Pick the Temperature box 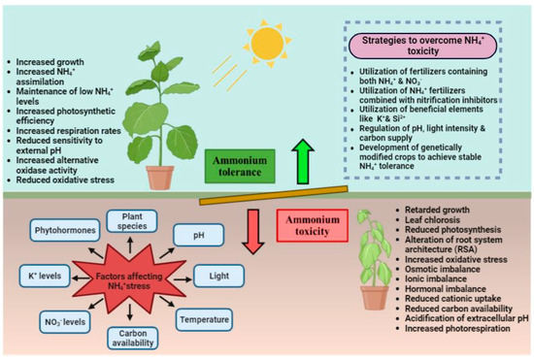point(206,316)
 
